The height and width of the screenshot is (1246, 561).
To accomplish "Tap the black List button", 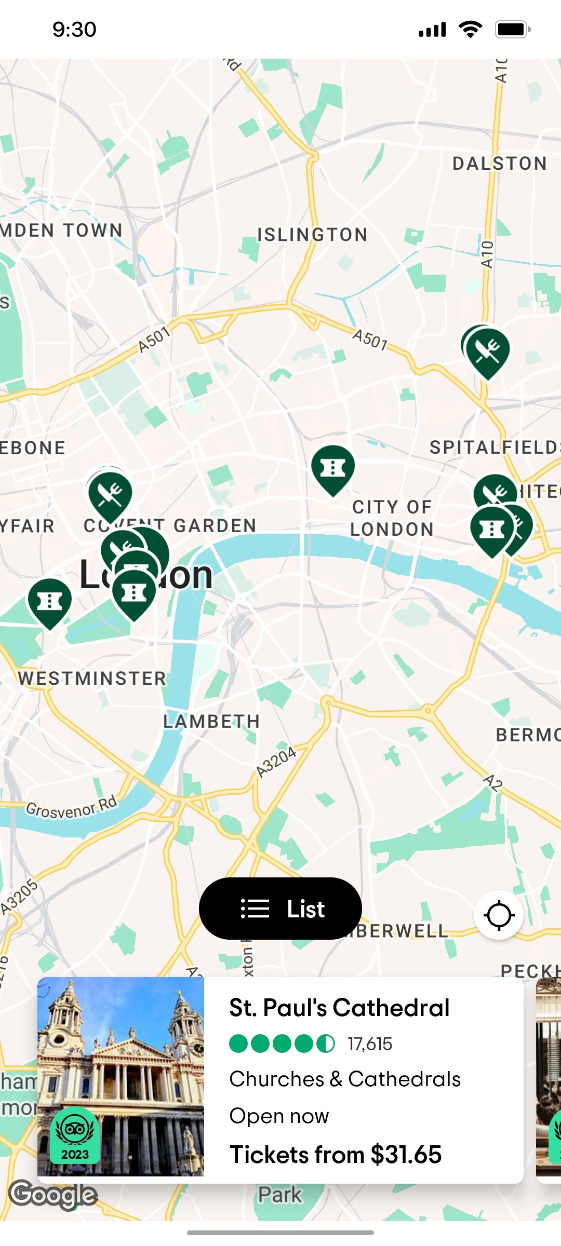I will point(280,909).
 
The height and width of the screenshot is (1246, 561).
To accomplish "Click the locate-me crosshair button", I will point(499,915).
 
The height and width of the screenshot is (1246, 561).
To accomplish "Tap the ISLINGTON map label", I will point(312,235).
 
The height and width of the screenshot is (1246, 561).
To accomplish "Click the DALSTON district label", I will point(499,164).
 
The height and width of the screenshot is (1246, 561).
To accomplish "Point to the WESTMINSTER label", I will point(92,678).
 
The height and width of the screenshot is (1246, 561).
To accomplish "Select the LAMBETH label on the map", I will point(211,721).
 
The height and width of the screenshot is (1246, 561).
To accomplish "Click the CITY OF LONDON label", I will point(392,518).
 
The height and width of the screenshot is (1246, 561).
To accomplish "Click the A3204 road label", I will point(276,762).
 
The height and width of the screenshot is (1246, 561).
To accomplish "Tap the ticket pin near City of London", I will point(333,468).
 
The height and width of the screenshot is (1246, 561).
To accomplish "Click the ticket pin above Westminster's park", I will point(50,601).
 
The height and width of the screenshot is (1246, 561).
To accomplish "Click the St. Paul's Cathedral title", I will point(339,1008).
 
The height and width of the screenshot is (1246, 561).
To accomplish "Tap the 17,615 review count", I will point(370,1044).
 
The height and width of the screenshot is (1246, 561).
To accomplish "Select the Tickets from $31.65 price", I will point(336,1155).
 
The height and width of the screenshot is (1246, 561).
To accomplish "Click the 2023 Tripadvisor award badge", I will point(75,1134).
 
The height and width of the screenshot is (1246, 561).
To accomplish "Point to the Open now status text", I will point(279,1116).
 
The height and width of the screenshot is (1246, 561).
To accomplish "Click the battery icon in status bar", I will point(512,30).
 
